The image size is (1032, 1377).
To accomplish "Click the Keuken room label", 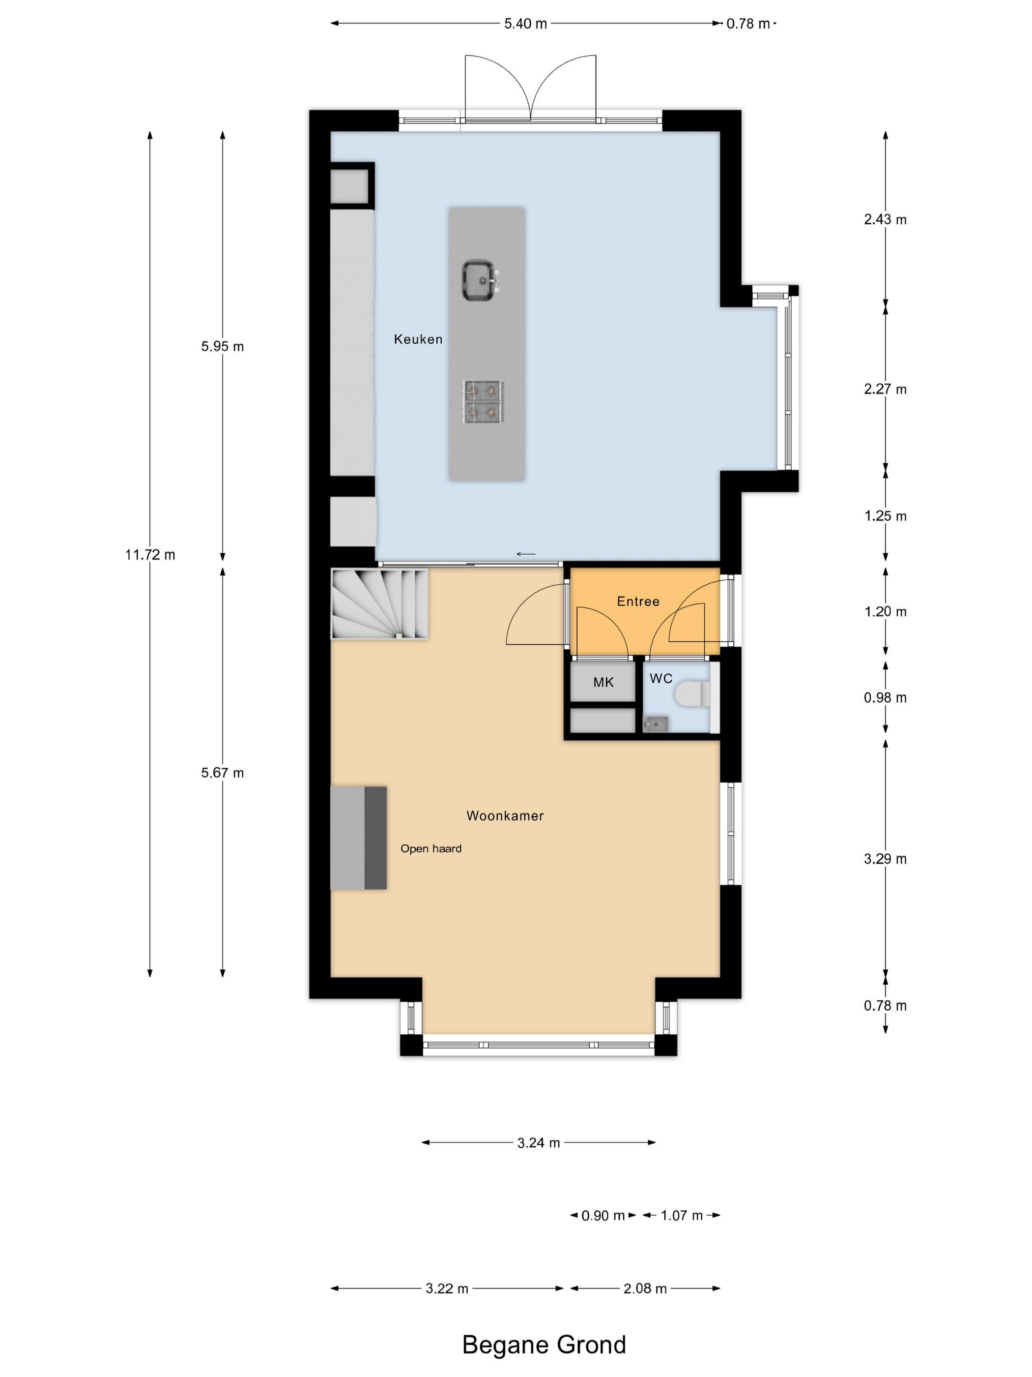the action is [418, 339].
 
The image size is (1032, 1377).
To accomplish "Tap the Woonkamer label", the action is [505, 815].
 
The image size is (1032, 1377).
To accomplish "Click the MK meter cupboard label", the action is [603, 682].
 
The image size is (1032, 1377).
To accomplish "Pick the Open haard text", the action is [430, 848].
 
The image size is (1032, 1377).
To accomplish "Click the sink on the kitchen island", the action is [479, 280].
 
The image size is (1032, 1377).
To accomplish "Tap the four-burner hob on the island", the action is [483, 401].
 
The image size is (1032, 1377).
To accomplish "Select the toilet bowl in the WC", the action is [692, 693].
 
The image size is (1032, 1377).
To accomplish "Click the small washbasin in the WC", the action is [655, 723].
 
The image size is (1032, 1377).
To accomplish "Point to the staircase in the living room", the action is [379, 604].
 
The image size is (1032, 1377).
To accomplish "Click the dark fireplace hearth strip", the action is [375, 838].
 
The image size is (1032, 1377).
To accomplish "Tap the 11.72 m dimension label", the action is [150, 555].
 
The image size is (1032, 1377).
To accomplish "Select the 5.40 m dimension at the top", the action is [526, 24].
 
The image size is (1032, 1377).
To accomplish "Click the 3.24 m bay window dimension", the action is [539, 1143].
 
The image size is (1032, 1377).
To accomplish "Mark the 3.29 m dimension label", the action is [885, 859].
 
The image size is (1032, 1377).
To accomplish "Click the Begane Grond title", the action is [544, 1345].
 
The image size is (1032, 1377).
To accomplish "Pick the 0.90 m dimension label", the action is [603, 1216].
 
